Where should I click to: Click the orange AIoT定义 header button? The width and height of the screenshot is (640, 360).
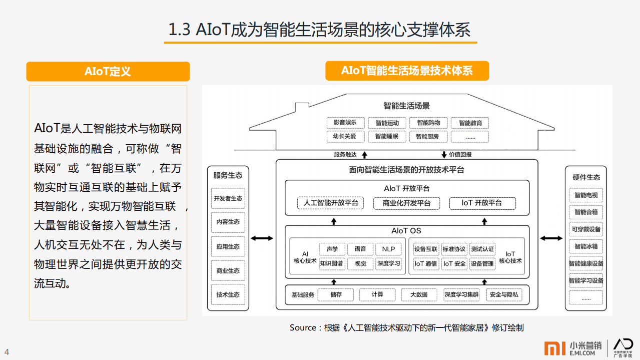tap(108, 72)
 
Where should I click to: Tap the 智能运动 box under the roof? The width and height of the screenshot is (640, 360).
tap(387, 123)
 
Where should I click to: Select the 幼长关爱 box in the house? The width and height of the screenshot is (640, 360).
tap(345, 136)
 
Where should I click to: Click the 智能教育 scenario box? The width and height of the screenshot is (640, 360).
tap(470, 123)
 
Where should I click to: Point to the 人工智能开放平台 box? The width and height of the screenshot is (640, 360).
tap(331, 203)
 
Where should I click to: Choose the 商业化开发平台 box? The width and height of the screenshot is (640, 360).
tap(406, 203)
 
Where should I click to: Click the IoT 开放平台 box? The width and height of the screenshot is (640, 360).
tap(481, 203)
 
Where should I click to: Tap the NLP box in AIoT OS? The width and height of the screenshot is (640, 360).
tap(388, 249)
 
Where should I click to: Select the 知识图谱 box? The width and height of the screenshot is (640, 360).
tap(332, 263)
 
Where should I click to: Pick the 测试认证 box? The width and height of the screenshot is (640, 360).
tap(482, 249)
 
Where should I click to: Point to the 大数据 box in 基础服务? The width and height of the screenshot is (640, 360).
tap(419, 295)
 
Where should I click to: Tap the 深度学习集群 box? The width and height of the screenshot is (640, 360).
tap(461, 295)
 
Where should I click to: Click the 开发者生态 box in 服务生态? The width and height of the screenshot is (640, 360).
tap(228, 198)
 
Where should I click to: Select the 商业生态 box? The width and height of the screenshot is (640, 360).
tap(228, 271)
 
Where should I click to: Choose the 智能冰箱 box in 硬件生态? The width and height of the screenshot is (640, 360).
tap(585, 246)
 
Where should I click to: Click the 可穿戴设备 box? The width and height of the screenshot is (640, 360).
tap(585, 229)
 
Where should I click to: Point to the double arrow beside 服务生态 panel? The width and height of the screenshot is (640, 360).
tap(262, 239)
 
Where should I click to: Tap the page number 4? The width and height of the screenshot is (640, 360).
tap(7, 352)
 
